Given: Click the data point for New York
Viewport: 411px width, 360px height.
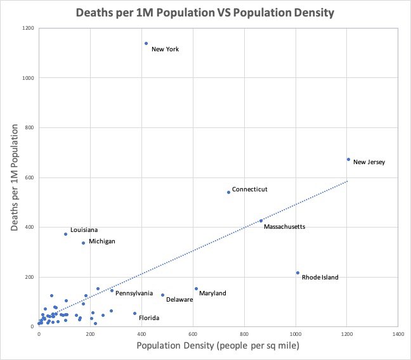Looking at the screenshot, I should (x=146, y=44).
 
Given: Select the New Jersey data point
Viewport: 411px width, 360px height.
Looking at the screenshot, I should (x=348, y=160).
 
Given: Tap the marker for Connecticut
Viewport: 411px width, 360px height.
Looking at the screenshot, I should (x=228, y=192).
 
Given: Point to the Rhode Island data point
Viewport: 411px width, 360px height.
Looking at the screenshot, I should (x=297, y=273).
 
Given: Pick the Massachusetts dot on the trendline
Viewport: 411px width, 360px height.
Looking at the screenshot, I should (x=261, y=221).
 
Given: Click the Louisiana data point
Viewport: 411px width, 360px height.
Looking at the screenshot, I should (x=65, y=234).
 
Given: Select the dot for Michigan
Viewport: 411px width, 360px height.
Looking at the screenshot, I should (x=83, y=243).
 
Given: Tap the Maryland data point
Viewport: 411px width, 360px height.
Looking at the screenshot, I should (x=196, y=288).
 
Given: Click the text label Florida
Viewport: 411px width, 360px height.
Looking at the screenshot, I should (x=149, y=318).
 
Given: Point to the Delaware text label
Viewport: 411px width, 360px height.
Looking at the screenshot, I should (x=179, y=300).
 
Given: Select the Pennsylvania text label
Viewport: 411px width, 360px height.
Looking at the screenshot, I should (x=134, y=293).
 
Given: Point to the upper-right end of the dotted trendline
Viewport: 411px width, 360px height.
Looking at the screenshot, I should (x=348, y=181).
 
